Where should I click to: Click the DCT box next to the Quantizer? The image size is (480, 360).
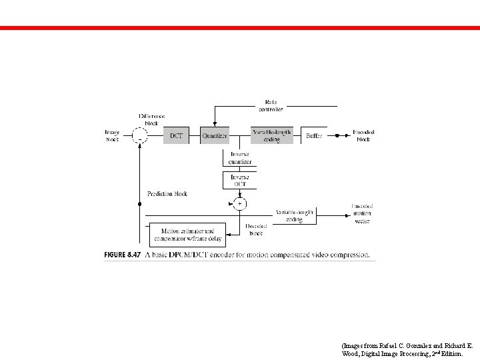[176, 136]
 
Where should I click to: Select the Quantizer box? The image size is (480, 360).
[215, 136]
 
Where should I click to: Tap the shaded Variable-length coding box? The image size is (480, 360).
[271, 136]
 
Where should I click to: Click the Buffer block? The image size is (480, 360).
[313, 136]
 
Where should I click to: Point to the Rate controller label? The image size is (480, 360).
[271, 105]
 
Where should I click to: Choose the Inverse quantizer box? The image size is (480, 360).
[239, 158]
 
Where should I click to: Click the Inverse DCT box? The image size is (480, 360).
[239, 180]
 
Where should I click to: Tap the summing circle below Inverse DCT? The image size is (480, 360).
[239, 203]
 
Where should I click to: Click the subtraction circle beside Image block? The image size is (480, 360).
[140, 136]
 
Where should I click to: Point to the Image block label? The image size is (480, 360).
[112, 136]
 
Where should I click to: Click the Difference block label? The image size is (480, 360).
[151, 119]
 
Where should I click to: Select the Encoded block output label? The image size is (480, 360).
[363, 136]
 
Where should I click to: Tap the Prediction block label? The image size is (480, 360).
[167, 194]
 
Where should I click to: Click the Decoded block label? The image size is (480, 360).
[255, 230]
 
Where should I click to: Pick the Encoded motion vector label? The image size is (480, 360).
[362, 213]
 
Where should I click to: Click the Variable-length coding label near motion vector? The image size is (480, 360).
[294, 215]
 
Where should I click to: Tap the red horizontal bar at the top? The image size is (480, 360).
[240, 28]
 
